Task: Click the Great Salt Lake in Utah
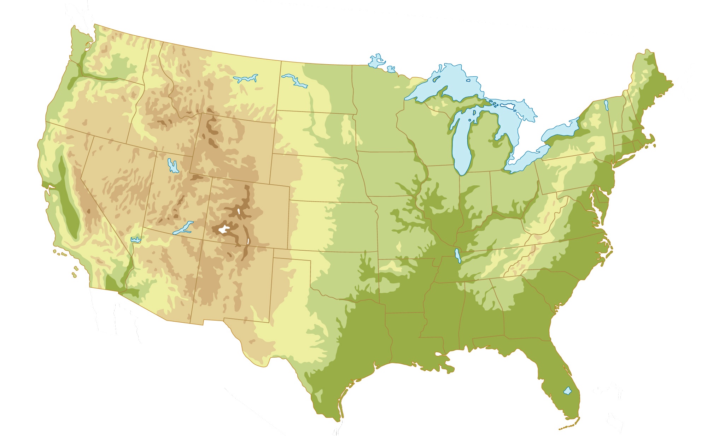click(173, 166)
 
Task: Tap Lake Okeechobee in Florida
click(567, 391)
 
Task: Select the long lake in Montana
click(245, 78)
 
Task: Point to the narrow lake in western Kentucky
click(458, 255)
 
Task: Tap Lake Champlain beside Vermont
click(606, 104)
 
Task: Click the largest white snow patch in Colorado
click(223, 230)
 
